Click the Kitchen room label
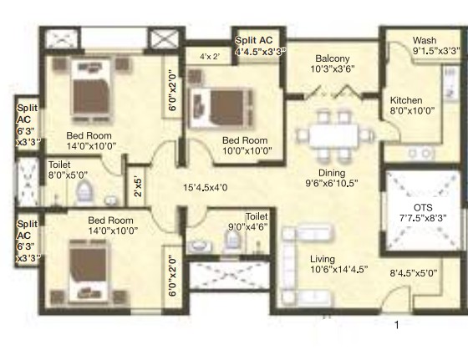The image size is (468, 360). (x=406, y=100)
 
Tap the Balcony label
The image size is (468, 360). (x=333, y=58)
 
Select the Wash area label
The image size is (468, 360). (x=425, y=40)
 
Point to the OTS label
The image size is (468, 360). (x=423, y=208)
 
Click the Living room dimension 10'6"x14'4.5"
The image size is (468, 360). (x=338, y=269)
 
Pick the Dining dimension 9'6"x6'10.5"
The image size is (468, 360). (x=331, y=183)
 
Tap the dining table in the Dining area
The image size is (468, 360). (x=333, y=135)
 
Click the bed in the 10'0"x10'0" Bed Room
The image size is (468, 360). (x=221, y=109)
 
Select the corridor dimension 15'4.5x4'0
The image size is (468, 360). (x=206, y=188)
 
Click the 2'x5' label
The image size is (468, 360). (x=138, y=187)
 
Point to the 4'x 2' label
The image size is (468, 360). (x=210, y=56)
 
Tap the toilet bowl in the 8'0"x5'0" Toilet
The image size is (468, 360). (x=84, y=192)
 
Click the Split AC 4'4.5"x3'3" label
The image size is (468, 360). (x=260, y=46)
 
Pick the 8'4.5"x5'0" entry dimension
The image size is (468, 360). (x=414, y=273)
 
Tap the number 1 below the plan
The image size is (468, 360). (x=397, y=325)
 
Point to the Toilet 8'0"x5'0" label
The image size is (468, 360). (x=68, y=170)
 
